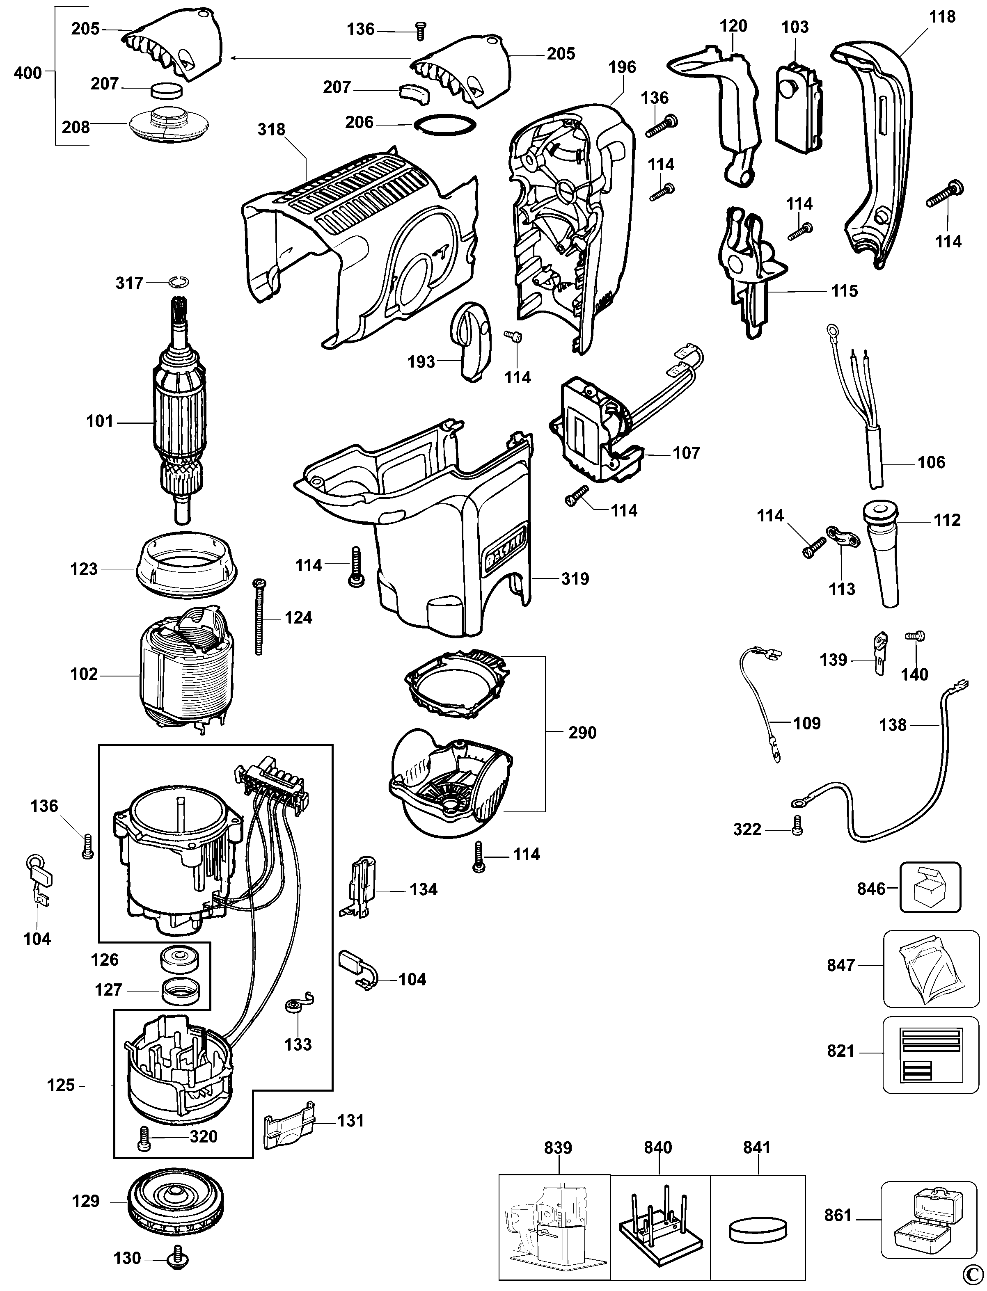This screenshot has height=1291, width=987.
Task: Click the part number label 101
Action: click(x=99, y=421)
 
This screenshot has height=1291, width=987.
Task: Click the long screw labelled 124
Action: click(x=257, y=617)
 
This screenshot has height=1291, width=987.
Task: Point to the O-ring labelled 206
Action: click(x=445, y=125)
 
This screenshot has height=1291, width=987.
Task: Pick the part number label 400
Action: click(x=27, y=73)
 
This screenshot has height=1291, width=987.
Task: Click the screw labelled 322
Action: click(x=797, y=826)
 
